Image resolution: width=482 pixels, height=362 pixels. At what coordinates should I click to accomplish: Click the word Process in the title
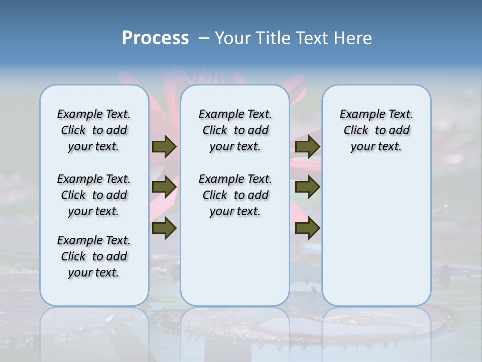tap(155, 38)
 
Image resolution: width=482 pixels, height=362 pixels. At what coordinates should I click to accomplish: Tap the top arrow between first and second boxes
tap(164, 147)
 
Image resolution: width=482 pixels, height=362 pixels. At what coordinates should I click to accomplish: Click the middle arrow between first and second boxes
tap(164, 187)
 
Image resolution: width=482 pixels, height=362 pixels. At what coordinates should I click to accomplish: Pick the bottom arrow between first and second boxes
tap(164, 228)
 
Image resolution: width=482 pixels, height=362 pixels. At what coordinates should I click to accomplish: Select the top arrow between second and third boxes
tap(307, 147)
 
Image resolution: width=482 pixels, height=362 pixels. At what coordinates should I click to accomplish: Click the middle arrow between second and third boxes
tap(307, 187)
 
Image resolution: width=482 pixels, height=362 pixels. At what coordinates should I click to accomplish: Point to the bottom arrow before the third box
tap(307, 228)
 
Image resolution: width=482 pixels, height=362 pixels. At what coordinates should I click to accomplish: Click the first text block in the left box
tap(94, 130)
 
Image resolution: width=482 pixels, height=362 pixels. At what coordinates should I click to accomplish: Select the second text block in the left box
tap(94, 195)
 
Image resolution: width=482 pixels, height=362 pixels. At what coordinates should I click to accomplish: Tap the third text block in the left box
tap(94, 256)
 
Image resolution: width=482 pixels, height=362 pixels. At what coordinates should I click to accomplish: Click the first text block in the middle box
tap(235, 130)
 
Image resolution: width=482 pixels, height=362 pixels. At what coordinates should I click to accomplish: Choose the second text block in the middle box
tap(235, 195)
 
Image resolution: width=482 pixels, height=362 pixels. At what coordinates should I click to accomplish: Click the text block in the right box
tap(376, 130)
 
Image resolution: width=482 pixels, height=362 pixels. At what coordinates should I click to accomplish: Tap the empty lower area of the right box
tap(376, 236)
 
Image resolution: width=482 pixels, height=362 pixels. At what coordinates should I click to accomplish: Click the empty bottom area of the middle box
tap(235, 266)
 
